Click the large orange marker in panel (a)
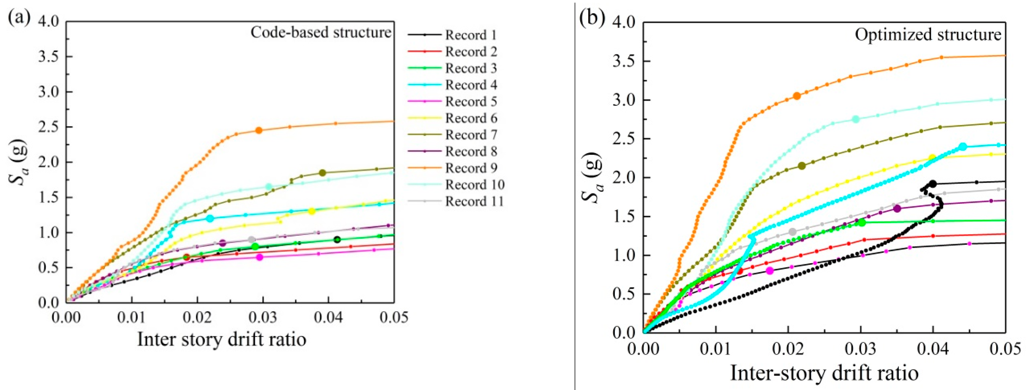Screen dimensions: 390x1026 point(259,130)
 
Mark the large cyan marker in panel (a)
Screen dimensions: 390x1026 point(210,218)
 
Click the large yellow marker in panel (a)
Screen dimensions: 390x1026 point(312,211)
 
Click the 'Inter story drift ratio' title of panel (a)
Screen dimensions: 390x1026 point(222,340)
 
